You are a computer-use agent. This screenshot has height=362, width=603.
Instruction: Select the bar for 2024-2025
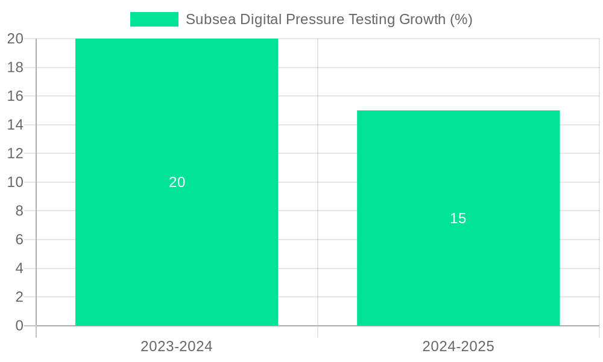coord(458,271)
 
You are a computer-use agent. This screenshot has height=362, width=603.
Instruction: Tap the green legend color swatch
coord(154,19)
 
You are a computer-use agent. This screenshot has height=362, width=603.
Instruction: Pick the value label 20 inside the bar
coord(177,182)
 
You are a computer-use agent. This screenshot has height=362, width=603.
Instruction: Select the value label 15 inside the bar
coord(458,218)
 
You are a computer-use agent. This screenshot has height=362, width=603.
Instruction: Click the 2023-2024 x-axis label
coord(177,346)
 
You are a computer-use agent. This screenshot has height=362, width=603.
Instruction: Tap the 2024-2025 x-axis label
coord(458,346)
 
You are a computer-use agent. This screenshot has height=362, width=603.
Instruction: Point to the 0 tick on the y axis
coord(19,326)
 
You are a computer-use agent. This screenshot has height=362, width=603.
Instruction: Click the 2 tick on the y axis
coord(19,297)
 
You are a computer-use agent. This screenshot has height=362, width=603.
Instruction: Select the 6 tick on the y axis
coord(19,240)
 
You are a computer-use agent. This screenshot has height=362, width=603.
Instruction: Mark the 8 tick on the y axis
coord(19,211)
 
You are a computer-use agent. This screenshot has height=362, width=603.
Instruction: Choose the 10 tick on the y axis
coord(15,182)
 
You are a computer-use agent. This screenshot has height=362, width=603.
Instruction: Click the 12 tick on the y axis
coord(15,153)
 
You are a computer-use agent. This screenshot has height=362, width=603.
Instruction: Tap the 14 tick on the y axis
coord(15,125)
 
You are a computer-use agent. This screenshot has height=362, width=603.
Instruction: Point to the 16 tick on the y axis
coord(15,96)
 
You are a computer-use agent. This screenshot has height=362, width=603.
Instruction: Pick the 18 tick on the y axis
coord(15,68)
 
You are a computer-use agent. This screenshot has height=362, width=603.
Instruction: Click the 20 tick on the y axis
coord(15,39)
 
